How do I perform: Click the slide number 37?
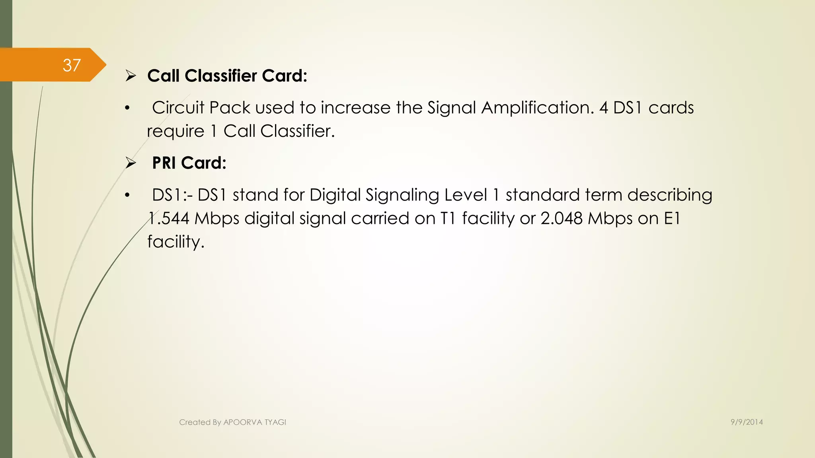pos(72,65)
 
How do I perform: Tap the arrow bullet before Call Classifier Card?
pos(131,76)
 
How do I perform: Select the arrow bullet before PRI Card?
pos(131,163)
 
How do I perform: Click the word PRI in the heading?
pos(164,163)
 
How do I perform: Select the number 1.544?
pos(169,218)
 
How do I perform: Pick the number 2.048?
pos(562,218)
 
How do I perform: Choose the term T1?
pos(448,218)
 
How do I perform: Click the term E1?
pos(672,218)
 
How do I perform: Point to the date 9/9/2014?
pos(747,422)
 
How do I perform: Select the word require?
pos(175,132)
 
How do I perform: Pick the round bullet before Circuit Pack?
pos(127,108)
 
